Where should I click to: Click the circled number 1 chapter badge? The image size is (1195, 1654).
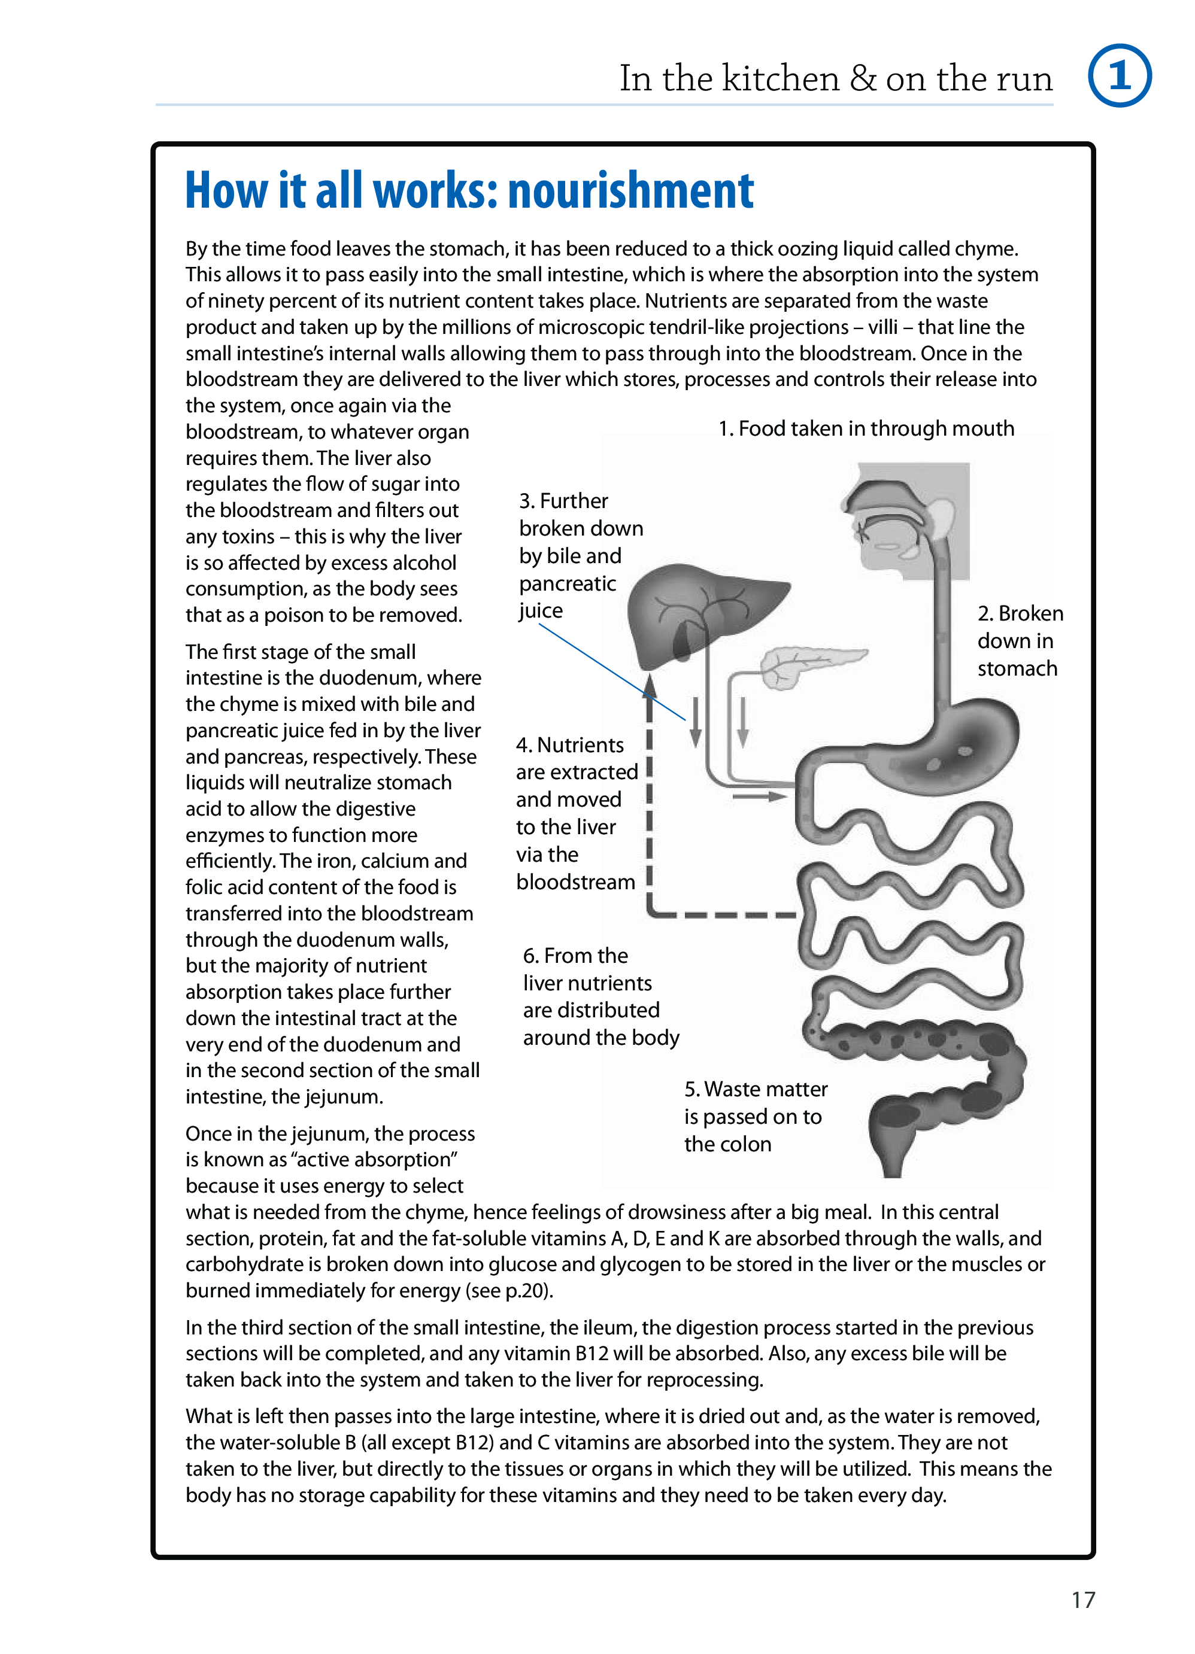coord(1118,76)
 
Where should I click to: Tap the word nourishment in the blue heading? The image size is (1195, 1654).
coord(630,190)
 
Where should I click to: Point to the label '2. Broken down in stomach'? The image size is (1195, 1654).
coord(1019,641)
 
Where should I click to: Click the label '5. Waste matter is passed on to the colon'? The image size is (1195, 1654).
coord(754,1117)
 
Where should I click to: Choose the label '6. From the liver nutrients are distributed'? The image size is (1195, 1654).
coord(600,996)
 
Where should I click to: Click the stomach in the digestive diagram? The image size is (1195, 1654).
coord(948,744)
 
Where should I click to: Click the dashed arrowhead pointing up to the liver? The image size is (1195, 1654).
coord(650,686)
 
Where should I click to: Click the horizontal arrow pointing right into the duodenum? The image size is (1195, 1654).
coord(759,796)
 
